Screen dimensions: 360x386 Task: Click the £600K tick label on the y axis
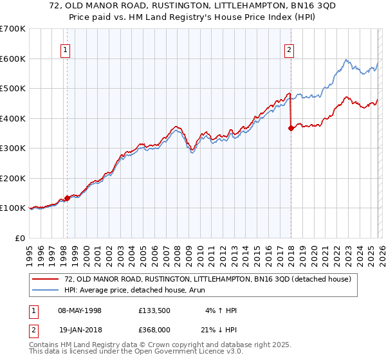13,59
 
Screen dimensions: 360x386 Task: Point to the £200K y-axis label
13,178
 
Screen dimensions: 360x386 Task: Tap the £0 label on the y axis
21,238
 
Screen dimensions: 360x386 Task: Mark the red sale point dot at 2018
291,128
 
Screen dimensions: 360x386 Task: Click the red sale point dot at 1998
67,198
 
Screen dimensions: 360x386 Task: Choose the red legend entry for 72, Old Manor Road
207,279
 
